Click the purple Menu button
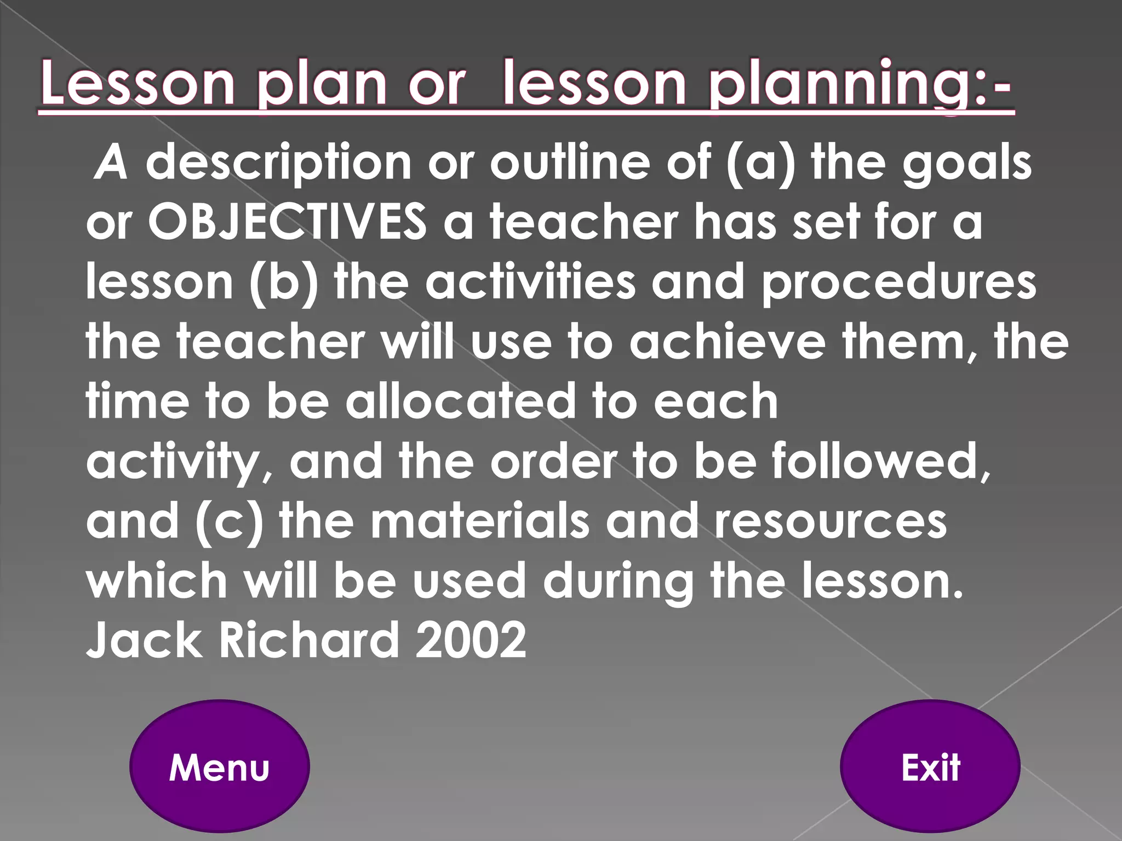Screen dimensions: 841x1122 (x=219, y=767)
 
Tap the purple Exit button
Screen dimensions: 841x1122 (x=930, y=767)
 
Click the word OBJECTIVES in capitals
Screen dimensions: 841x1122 (x=287, y=222)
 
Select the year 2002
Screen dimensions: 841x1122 (x=471, y=640)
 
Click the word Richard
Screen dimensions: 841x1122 (x=309, y=640)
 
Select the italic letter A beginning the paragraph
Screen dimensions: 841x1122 (x=112, y=163)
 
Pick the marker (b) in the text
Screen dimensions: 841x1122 (x=284, y=282)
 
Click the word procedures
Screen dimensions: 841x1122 (x=899, y=282)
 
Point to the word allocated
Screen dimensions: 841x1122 (x=460, y=401)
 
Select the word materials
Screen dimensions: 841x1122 (x=480, y=521)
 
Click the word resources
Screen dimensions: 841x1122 (x=831, y=521)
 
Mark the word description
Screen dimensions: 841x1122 (x=278, y=163)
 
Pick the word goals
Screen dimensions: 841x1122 (x=967, y=163)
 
